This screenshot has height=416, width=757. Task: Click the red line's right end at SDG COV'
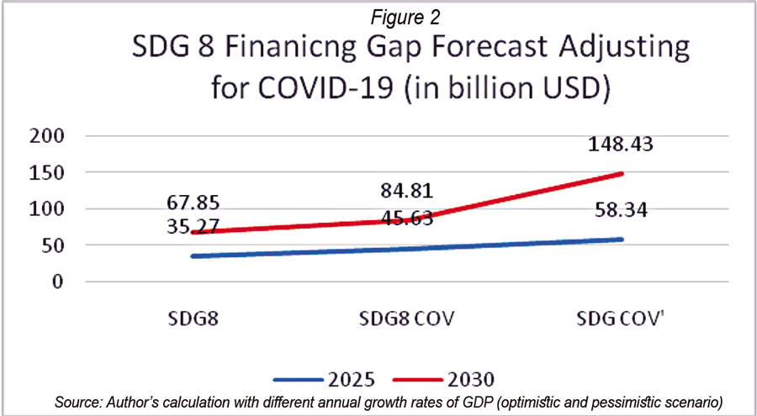click(622, 174)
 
